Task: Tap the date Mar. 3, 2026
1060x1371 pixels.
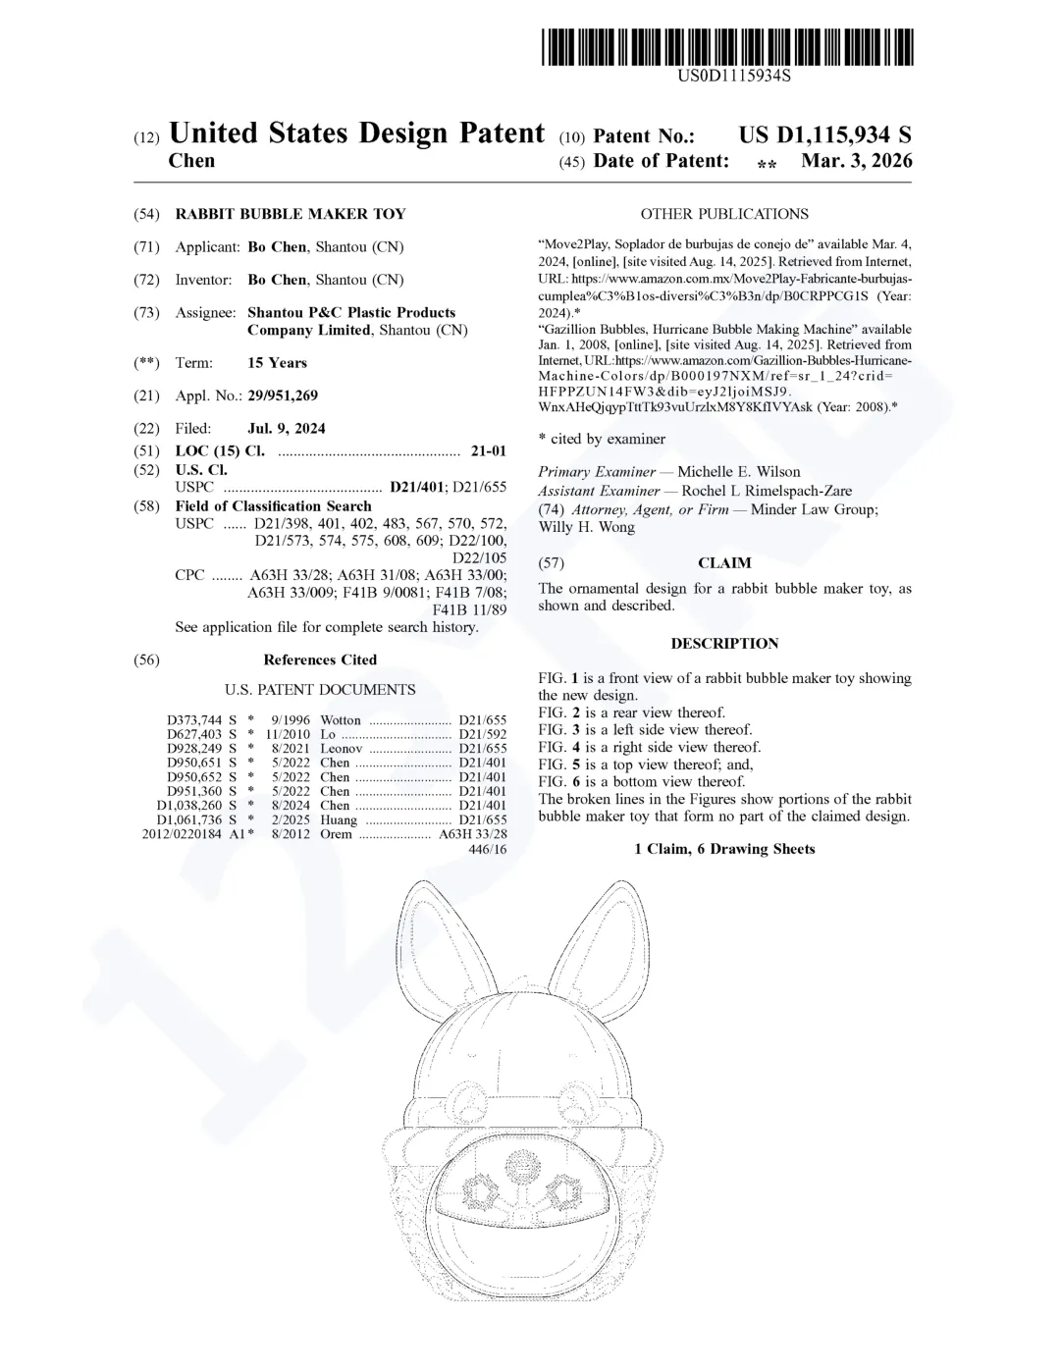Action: coord(856,161)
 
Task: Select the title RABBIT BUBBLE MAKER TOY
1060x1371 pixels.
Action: coord(290,214)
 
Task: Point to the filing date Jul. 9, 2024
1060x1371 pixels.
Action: coord(287,428)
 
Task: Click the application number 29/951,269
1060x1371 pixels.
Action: coord(283,395)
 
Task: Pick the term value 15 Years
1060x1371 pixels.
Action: coord(277,362)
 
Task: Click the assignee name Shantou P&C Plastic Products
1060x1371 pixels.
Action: coord(351,312)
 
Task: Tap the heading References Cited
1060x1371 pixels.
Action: coord(320,659)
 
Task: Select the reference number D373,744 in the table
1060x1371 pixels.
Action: coord(195,720)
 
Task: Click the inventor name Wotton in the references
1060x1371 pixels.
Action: coord(341,720)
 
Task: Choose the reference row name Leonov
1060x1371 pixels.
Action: coord(342,749)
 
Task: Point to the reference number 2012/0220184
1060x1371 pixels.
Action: coord(184,834)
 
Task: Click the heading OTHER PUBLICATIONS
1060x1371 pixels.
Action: coord(724,214)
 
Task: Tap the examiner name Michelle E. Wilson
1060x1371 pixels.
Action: coord(739,472)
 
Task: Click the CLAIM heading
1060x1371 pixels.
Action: coord(724,563)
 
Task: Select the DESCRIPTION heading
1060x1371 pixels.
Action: coord(724,644)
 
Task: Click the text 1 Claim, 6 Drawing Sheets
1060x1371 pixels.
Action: coord(724,849)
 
